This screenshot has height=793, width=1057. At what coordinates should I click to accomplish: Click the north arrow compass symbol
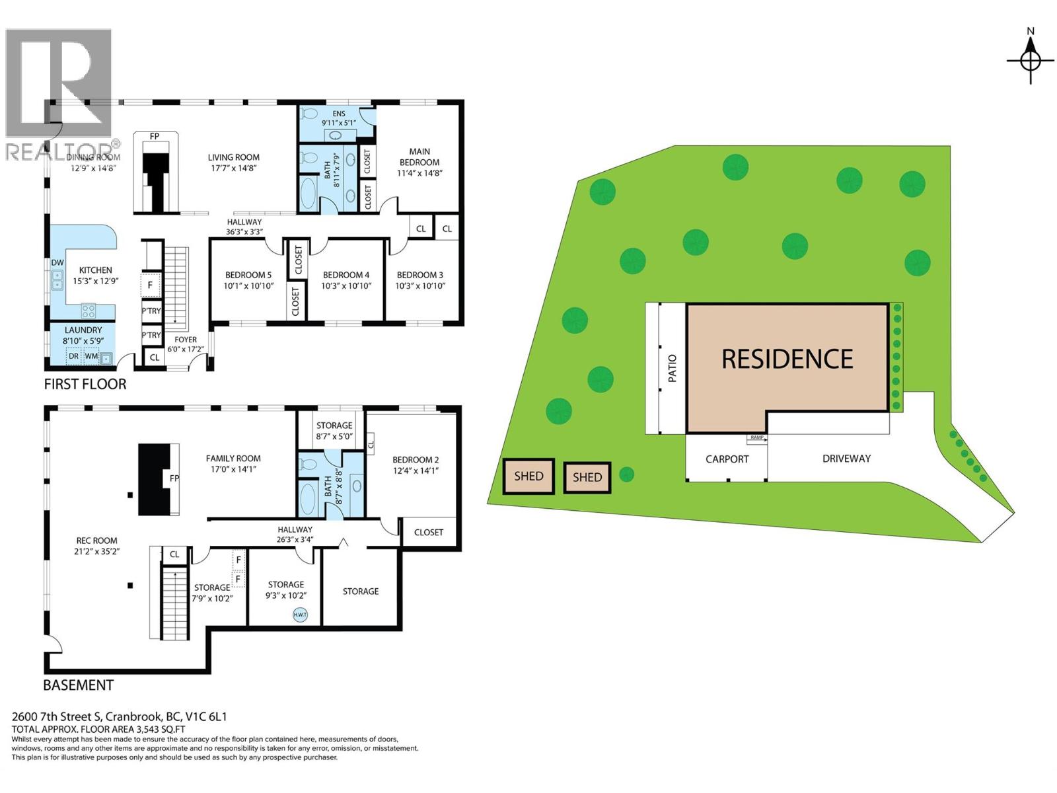[x=1031, y=60]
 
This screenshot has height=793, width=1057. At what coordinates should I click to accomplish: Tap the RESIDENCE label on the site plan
[x=787, y=359]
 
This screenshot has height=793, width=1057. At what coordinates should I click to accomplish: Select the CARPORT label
[x=727, y=459]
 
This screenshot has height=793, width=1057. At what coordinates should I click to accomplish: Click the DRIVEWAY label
[x=846, y=459]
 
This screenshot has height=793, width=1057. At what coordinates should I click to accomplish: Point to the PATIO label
[x=673, y=368]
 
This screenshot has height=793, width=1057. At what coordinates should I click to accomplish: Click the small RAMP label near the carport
[x=756, y=437]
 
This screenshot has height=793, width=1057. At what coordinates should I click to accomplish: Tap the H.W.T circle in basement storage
[x=300, y=615]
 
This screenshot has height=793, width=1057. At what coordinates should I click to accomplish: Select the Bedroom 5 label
[x=248, y=275]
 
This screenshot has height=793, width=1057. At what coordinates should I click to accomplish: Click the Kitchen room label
[x=95, y=270]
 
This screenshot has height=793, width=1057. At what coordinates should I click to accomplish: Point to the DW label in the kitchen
[x=57, y=263]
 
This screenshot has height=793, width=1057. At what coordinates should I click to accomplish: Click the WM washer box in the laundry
[x=91, y=356]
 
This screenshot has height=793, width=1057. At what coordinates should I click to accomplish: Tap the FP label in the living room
[x=155, y=136]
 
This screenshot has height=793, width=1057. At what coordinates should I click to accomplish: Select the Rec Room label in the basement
[x=96, y=541]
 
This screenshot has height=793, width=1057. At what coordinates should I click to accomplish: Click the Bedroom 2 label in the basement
[x=415, y=460]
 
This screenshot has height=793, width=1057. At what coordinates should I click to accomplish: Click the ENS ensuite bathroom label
[x=338, y=114]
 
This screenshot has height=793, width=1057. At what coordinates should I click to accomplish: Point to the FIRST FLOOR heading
[x=85, y=384]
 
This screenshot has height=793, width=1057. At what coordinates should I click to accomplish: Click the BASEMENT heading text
[x=78, y=685]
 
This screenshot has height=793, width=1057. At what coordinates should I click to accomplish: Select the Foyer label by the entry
[x=186, y=340]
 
